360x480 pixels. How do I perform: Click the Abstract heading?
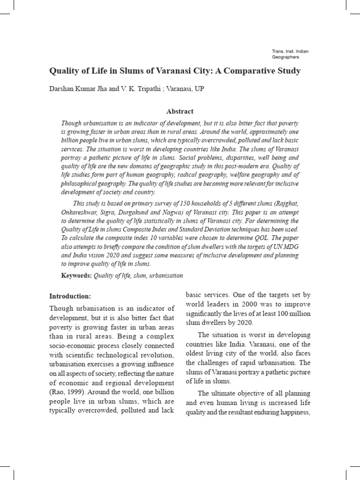(x=180, y=111)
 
